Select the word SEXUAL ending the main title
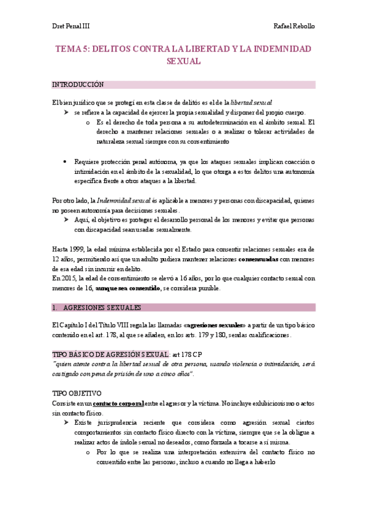pos(183,61)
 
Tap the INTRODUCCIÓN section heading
pos(78,84)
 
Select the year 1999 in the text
pos(77,249)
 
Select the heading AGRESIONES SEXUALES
pos(102,307)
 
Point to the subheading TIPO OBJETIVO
pos(77,394)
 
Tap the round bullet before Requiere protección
pos(64,162)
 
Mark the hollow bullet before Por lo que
pos(89,452)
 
